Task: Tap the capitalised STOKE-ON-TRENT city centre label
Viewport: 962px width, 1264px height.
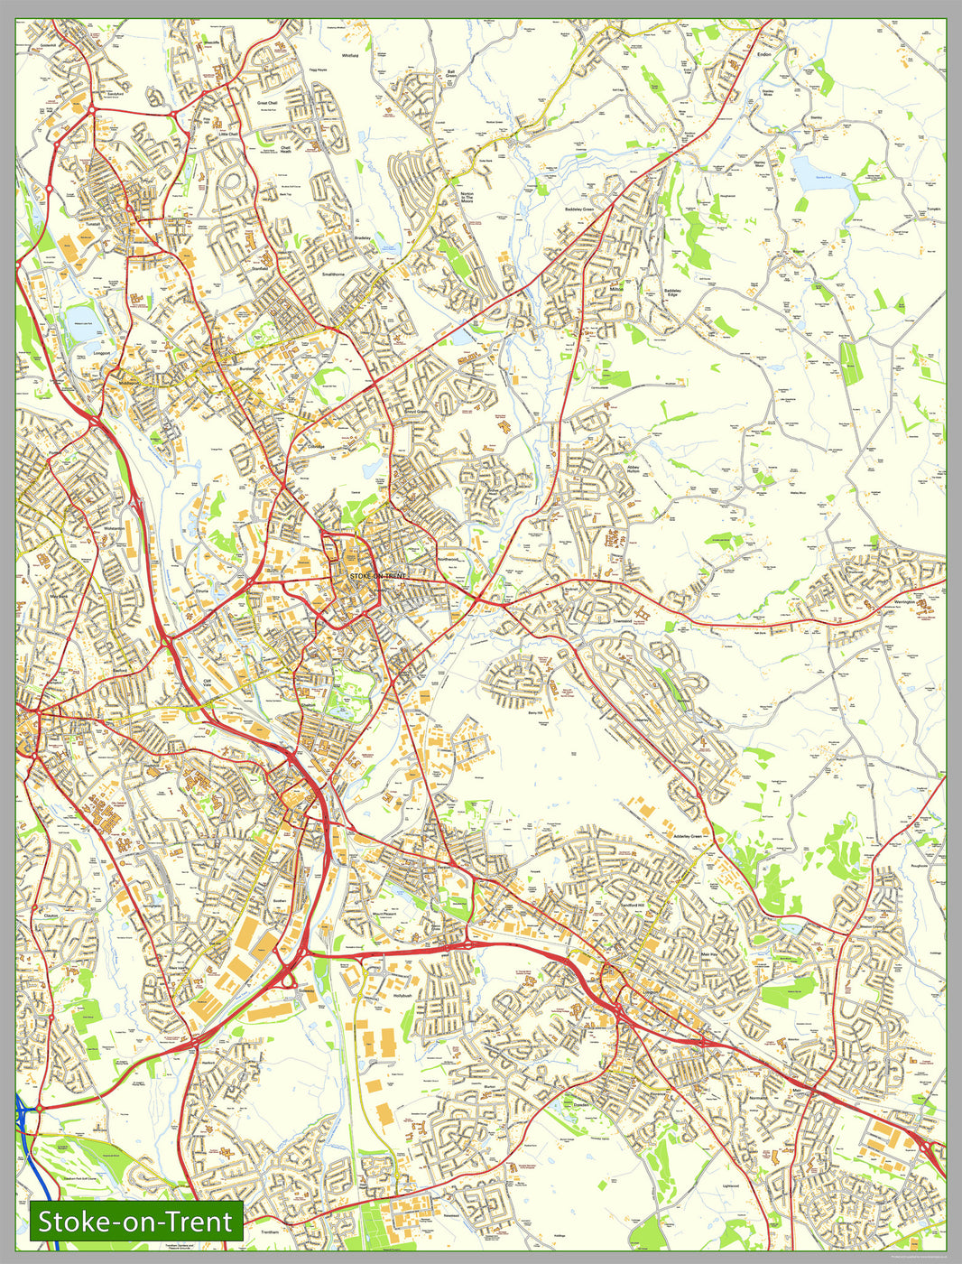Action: point(371,576)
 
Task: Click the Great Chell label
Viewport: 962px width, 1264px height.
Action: point(268,103)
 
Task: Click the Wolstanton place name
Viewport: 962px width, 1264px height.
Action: point(115,528)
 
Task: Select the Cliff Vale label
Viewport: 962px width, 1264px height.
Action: point(211,683)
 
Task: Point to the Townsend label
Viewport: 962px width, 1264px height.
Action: point(623,621)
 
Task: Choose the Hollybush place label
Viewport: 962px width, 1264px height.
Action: point(402,995)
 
